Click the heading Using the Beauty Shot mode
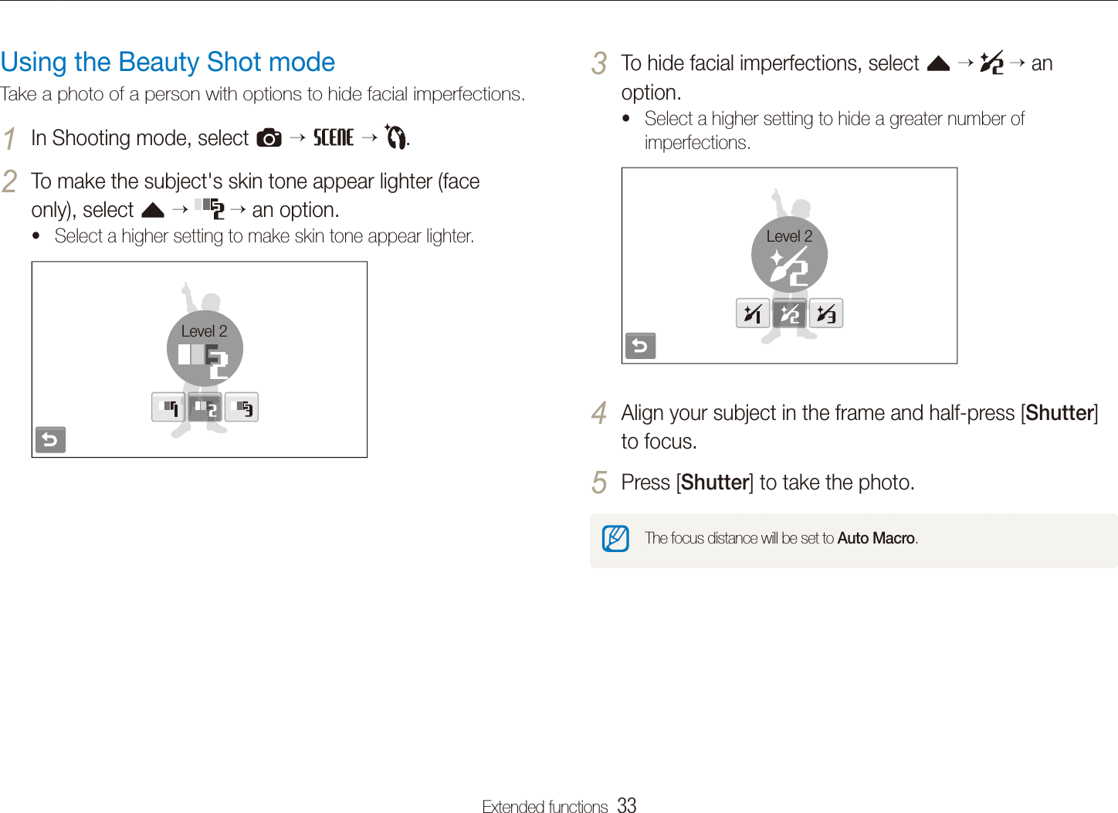168,62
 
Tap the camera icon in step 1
269,138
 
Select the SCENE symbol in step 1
333,137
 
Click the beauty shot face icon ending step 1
395,137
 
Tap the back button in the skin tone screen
50,440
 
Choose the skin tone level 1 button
168,408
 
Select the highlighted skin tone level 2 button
205,408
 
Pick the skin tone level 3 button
242,408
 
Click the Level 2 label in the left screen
204,331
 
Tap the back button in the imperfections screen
640,346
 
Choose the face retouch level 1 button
752,313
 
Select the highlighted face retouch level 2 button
789,313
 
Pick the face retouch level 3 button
826,313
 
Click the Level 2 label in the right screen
789,236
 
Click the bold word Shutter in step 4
1060,413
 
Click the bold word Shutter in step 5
715,483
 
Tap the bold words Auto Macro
876,538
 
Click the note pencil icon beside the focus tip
615,538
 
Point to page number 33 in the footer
627,805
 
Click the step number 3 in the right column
599,63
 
